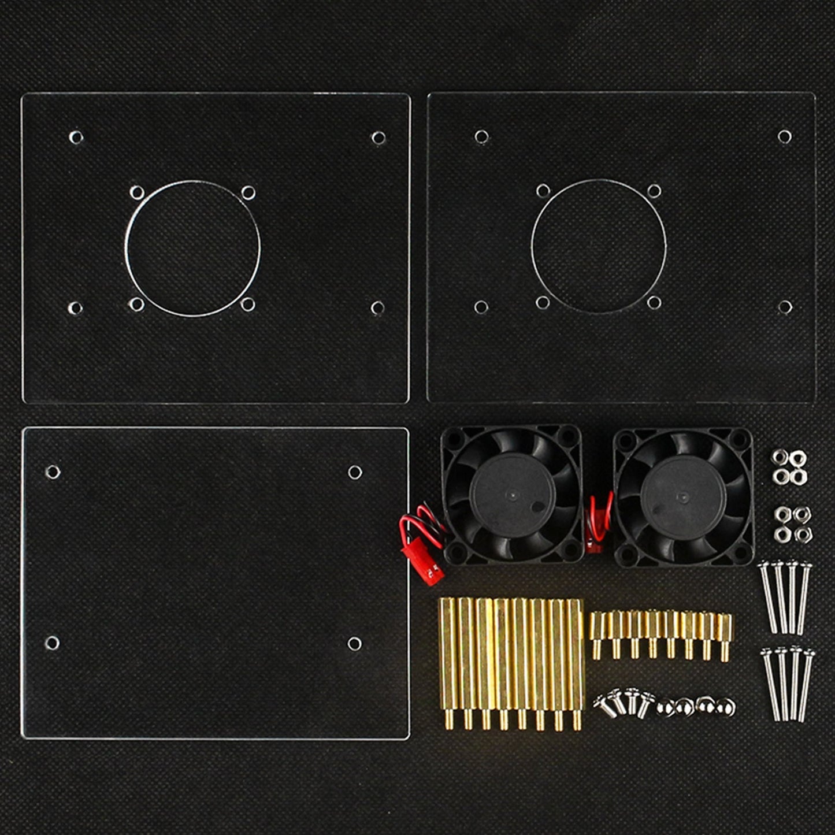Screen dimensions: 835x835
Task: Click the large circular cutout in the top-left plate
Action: click(x=192, y=248)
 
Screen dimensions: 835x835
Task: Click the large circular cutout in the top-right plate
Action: click(x=599, y=247)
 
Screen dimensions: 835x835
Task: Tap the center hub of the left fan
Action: click(x=512, y=495)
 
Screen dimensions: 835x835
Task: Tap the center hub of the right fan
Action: click(x=683, y=497)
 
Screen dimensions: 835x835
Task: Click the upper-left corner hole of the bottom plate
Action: click(x=53, y=472)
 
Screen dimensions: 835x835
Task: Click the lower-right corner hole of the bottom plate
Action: click(x=354, y=644)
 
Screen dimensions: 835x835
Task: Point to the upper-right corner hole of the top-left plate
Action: click(x=378, y=138)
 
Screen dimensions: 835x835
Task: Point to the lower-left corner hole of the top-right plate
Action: click(x=481, y=307)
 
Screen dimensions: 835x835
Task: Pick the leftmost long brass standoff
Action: click(x=448, y=662)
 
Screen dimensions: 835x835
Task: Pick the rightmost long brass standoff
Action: click(x=576, y=662)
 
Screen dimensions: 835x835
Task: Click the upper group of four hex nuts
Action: click(x=789, y=467)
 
